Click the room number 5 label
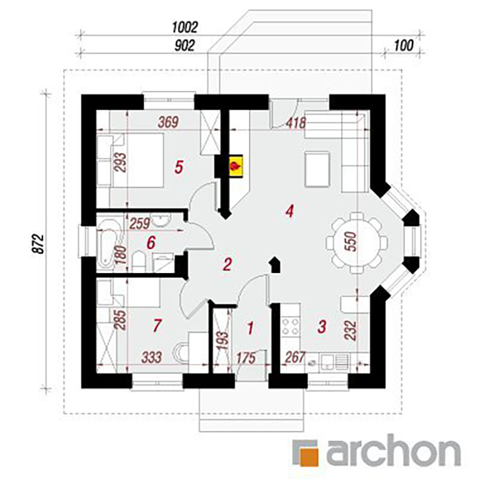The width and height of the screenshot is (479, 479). click(x=178, y=167)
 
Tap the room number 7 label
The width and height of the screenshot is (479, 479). click(x=157, y=326)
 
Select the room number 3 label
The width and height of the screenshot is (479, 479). click(x=322, y=326)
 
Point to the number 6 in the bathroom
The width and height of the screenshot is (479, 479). click(x=151, y=243)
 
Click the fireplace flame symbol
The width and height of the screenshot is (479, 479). click(x=236, y=166)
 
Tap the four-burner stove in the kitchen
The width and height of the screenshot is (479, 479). click(x=290, y=326)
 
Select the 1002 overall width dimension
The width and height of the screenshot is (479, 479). click(x=185, y=28)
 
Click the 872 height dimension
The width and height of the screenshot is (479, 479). click(x=39, y=244)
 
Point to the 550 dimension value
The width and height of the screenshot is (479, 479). click(x=352, y=242)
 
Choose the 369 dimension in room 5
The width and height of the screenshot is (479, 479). click(x=168, y=122)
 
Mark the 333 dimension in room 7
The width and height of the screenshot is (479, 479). click(x=152, y=357)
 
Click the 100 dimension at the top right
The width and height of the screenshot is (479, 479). click(x=404, y=46)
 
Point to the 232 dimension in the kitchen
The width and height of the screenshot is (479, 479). click(x=351, y=331)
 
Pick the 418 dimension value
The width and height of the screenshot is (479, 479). click(x=296, y=123)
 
